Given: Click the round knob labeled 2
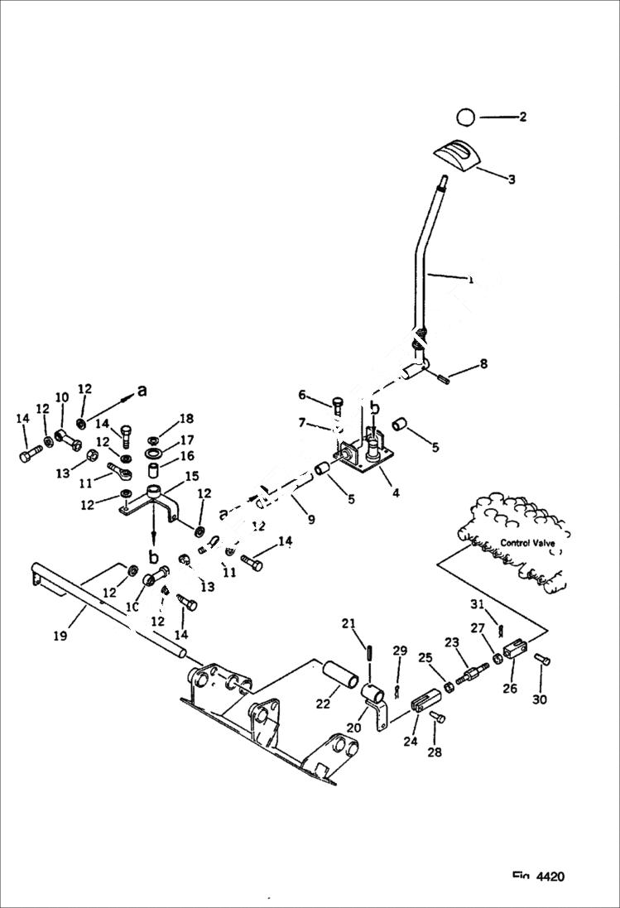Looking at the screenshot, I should (466, 118).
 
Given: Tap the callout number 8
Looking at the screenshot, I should (483, 363).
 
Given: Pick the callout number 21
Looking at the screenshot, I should (348, 623).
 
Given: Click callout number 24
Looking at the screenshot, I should (411, 742).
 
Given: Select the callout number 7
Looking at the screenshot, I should (303, 424).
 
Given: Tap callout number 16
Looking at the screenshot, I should (186, 456).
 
